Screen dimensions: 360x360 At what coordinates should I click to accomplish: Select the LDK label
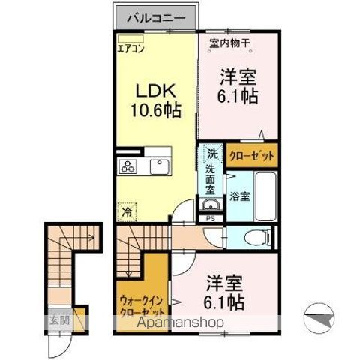pos(154,90)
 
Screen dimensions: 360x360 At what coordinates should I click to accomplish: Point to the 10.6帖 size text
pos(155,109)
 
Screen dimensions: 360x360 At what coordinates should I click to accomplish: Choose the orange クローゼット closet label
pos(251,157)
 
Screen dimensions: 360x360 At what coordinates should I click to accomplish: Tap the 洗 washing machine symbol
pos(212,154)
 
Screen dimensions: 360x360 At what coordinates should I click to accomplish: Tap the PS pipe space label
pos(210,218)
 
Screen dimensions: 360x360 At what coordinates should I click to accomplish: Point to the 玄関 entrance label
pos(58,319)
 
